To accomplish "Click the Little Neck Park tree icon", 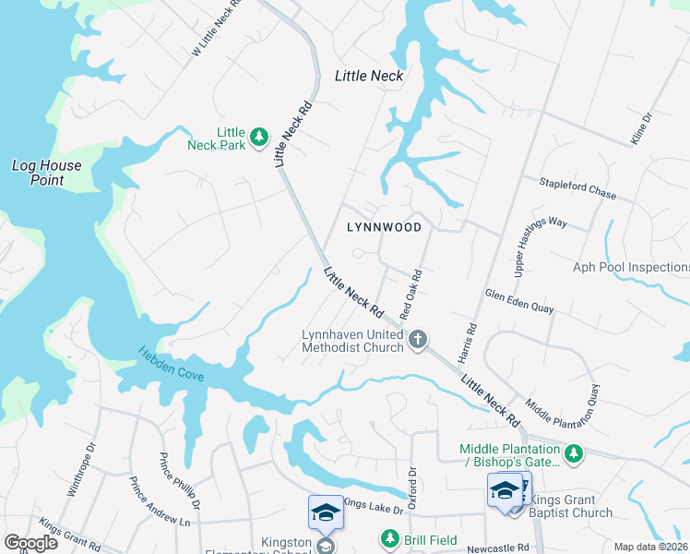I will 260,138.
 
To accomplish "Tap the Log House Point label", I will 46,173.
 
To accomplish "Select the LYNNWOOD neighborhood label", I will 384,227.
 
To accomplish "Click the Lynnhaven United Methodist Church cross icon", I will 417,340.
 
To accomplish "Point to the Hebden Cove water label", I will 172,367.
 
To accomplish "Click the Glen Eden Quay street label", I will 519,301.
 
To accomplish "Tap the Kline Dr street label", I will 641,128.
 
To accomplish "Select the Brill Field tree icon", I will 389,537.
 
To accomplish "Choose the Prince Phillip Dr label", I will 181,481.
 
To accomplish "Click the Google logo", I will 31,542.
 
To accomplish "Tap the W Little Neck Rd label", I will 216,28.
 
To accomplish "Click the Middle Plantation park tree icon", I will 574,452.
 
